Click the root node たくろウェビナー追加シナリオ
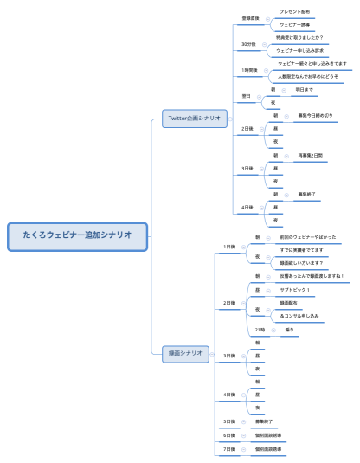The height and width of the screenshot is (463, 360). coord(78,235)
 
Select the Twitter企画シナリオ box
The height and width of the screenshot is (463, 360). coord(194,118)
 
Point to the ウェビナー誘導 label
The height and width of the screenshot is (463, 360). coord(295,24)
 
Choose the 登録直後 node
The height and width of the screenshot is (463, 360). coord(250,17)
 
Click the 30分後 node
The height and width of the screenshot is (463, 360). coord(248,44)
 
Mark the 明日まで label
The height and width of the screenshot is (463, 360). coord(305,88)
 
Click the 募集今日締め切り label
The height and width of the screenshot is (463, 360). coord(314,114)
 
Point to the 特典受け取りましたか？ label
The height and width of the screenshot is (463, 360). coord(299,37)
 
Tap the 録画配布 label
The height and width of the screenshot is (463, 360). coord(288,303)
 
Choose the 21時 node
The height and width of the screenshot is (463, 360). coord(260,330)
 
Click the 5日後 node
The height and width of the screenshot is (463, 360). coord(229,421)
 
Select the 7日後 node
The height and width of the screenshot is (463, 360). coord(229,449)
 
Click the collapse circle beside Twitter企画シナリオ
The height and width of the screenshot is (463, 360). coord(231,118)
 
